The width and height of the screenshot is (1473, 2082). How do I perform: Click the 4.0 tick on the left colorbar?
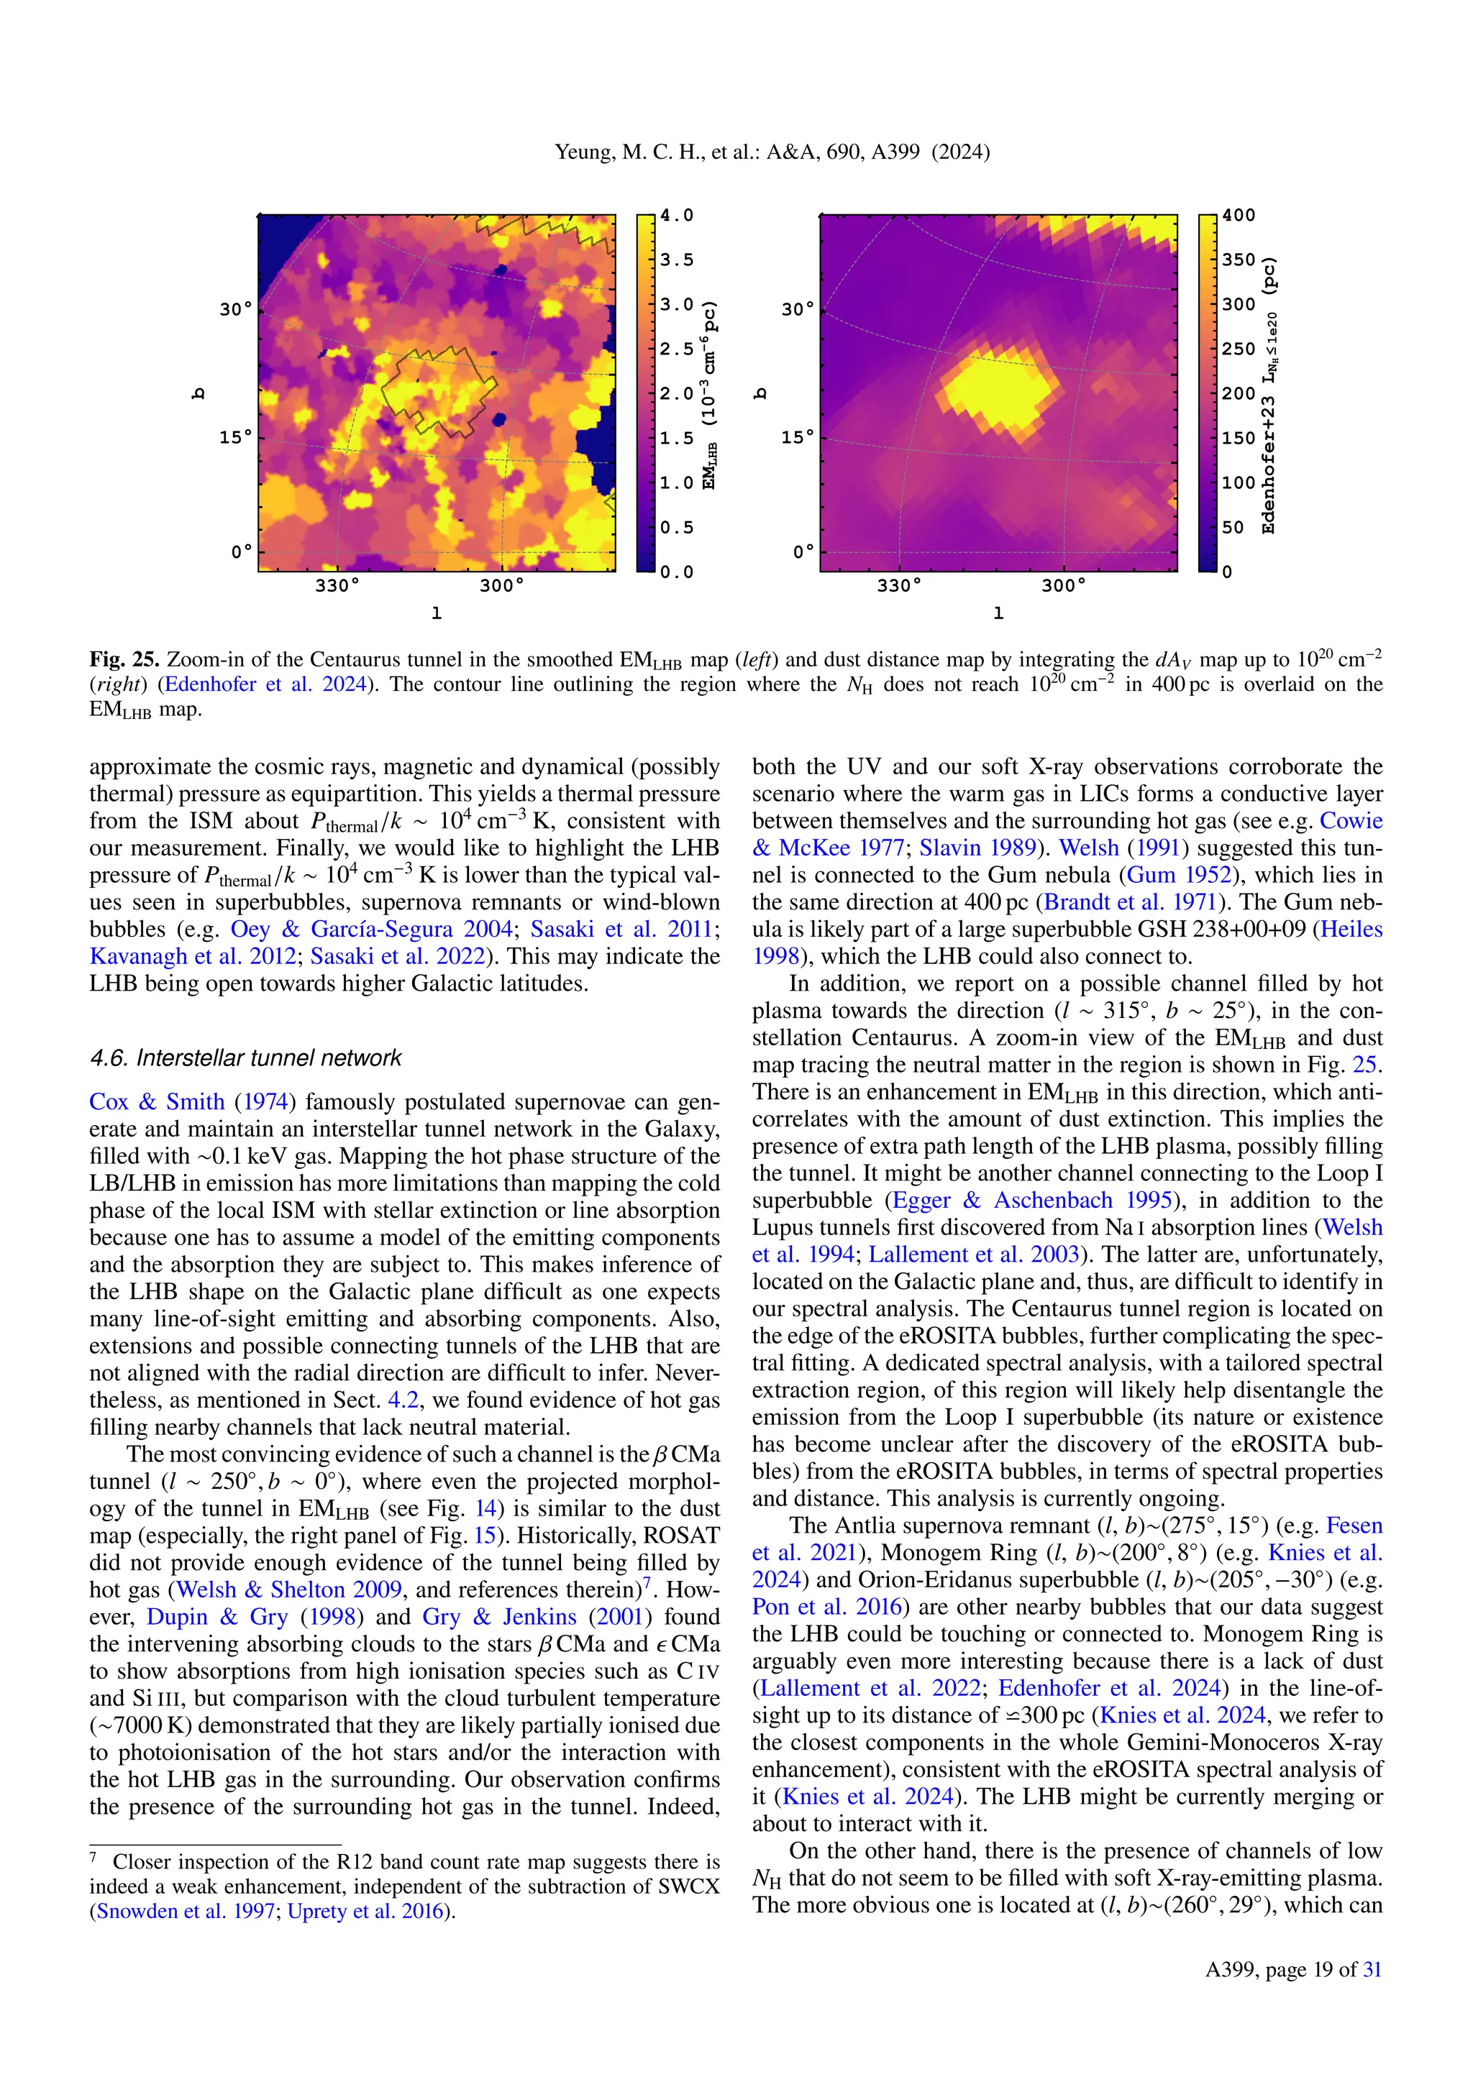click(x=676, y=216)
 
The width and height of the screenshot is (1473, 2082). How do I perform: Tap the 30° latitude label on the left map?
click(x=236, y=310)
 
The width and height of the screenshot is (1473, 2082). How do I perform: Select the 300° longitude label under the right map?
click(x=1063, y=586)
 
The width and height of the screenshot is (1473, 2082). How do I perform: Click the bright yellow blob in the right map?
click(x=998, y=385)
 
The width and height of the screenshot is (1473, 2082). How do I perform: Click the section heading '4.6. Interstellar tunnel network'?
click(x=245, y=1058)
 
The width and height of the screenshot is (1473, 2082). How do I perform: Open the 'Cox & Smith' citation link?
click(x=156, y=1102)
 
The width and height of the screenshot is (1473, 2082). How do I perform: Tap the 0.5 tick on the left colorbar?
click(x=676, y=528)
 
